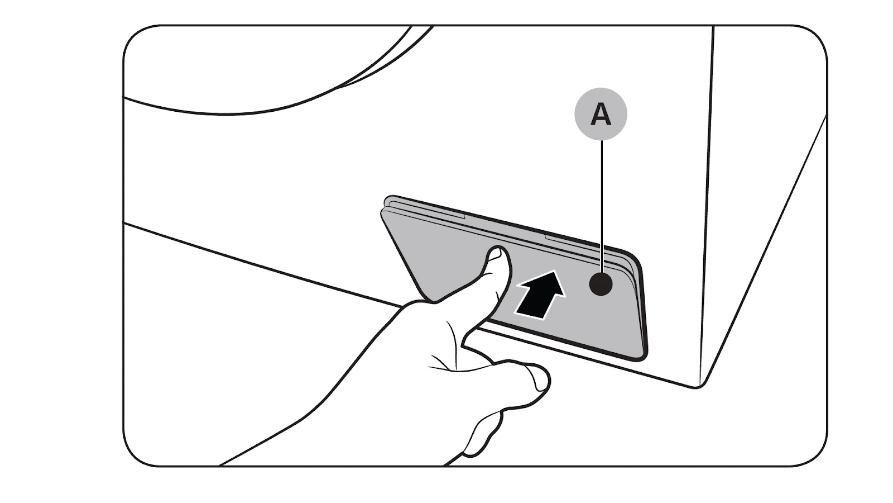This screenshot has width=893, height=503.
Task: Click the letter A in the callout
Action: tap(601, 115)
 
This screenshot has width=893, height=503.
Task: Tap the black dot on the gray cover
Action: tap(601, 285)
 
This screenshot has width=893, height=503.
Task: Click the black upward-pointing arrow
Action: tap(539, 294)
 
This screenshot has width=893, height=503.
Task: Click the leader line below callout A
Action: tap(601, 201)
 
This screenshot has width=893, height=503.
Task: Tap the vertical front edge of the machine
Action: tap(705, 224)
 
